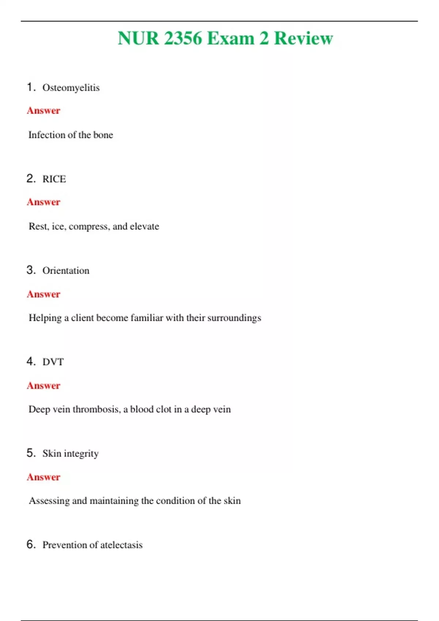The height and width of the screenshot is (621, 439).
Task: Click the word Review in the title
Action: pyautogui.click(x=303, y=38)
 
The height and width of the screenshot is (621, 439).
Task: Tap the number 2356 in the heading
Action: pyautogui.click(x=183, y=38)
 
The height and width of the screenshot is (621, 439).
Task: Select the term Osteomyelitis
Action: pyautogui.click(x=71, y=88)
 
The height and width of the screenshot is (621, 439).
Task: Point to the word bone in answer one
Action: pyautogui.click(x=103, y=135)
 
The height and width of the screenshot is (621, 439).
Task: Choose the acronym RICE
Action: pyautogui.click(x=54, y=179)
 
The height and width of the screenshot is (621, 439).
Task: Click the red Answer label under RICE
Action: pyautogui.click(x=44, y=202)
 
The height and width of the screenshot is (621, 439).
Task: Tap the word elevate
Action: pyautogui.click(x=145, y=226)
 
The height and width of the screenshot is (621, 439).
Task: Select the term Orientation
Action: pyautogui.click(x=66, y=271)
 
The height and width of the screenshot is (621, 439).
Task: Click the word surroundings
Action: pyautogui.click(x=234, y=318)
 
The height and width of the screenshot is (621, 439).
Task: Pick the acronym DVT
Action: pyautogui.click(x=53, y=362)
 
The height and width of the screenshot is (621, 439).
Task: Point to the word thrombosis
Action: pyautogui.click(x=96, y=409)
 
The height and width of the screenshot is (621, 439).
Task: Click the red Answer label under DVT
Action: pyautogui.click(x=44, y=386)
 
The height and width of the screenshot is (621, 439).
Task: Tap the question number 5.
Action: pyautogui.click(x=31, y=453)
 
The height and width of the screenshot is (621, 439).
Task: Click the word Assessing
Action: pyautogui.click(x=49, y=501)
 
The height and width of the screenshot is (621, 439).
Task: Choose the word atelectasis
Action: pyautogui.click(x=121, y=545)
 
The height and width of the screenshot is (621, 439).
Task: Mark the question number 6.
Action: pyautogui.click(x=31, y=544)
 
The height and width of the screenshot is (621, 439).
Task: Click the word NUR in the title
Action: pyautogui.click(x=138, y=38)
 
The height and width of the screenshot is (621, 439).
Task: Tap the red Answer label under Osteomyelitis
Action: pyautogui.click(x=44, y=111)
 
